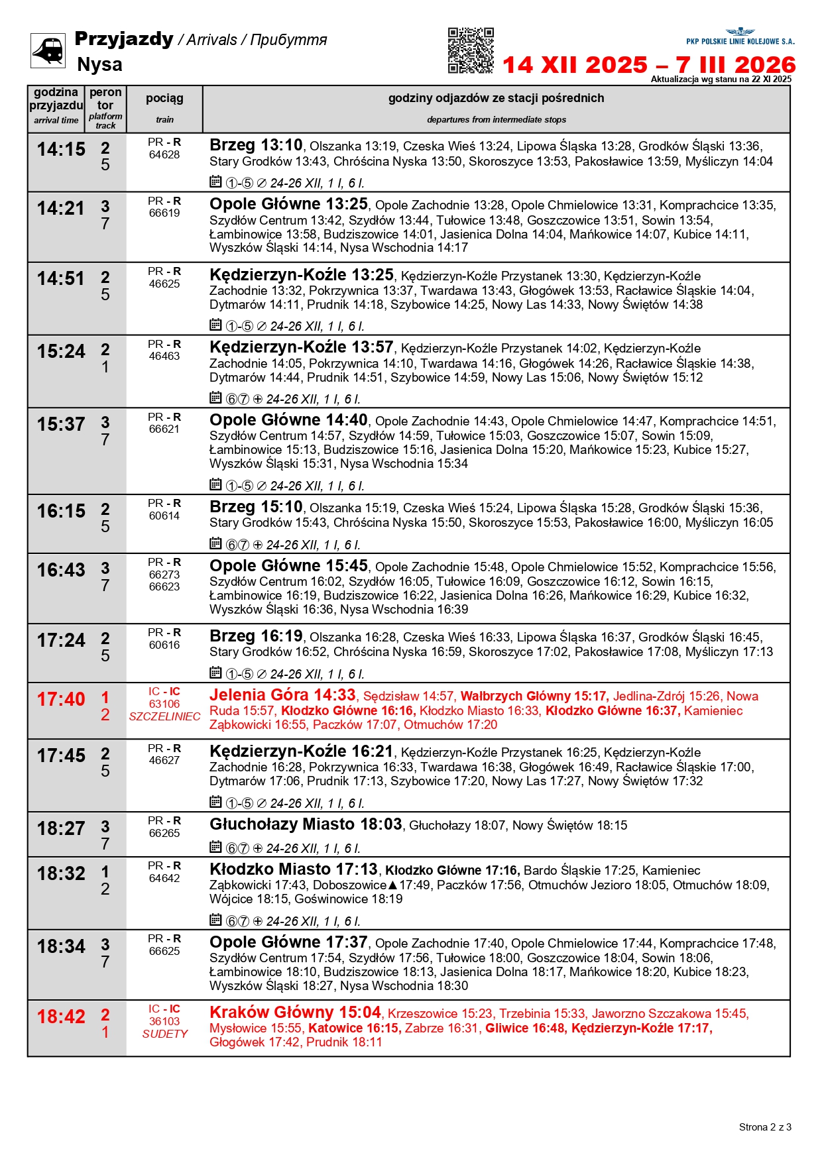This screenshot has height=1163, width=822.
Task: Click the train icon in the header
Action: (48, 50)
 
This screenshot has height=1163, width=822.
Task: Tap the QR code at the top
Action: (471, 50)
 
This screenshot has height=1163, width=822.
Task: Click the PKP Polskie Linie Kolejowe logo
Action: (740, 37)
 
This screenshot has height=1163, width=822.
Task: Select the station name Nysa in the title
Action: (99, 64)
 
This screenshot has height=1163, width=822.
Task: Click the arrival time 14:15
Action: (61, 150)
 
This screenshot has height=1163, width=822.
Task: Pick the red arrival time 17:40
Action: (61, 699)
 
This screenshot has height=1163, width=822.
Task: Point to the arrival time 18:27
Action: (61, 828)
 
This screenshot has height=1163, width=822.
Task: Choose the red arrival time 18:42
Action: (61, 1017)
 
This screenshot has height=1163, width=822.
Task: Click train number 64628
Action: (164, 155)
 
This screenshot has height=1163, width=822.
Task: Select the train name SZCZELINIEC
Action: (164, 716)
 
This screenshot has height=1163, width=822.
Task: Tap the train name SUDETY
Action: (164, 1034)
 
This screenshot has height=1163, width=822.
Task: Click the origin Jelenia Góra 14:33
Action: (282, 695)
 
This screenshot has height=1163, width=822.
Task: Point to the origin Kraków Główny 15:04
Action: (295, 1013)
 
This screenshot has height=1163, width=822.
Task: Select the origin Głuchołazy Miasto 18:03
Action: (306, 824)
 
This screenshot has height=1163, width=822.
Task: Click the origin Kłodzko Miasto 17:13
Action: (293, 869)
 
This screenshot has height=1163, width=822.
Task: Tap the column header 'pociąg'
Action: (164, 98)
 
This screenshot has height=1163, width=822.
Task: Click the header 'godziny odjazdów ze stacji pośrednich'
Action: (496, 98)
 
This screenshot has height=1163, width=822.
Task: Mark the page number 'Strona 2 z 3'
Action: (765, 1127)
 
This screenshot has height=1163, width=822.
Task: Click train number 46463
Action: (164, 357)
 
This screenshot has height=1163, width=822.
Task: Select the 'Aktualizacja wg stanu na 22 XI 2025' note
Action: (721, 80)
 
